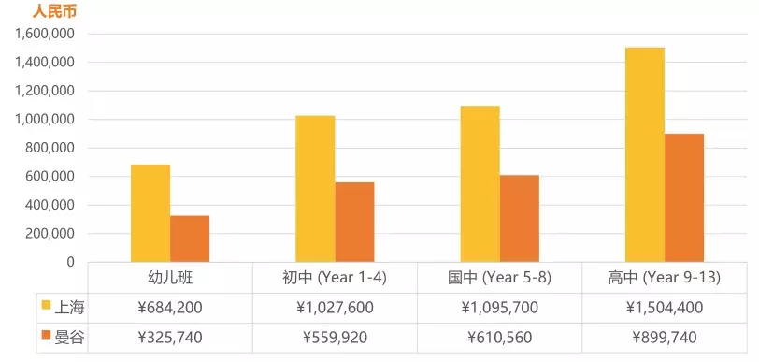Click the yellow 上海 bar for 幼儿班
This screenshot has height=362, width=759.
tap(150, 213)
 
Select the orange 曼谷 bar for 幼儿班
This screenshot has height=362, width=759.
tap(190, 239)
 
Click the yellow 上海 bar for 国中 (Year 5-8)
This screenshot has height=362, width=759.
tap(480, 183)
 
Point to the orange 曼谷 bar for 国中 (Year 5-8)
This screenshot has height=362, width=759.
tap(519, 218)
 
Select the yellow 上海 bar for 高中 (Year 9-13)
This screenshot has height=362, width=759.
tap(645, 154)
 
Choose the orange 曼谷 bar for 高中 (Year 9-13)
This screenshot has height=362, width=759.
tap(684, 197)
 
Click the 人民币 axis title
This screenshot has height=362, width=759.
tap(53, 12)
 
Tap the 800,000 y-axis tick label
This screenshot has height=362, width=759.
tap(49, 148)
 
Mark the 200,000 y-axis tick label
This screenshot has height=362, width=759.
tap(49, 234)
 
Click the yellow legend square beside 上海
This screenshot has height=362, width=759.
tap(46, 305)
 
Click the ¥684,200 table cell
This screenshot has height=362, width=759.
tap(170, 307)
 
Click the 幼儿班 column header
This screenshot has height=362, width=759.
tap(170, 277)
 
